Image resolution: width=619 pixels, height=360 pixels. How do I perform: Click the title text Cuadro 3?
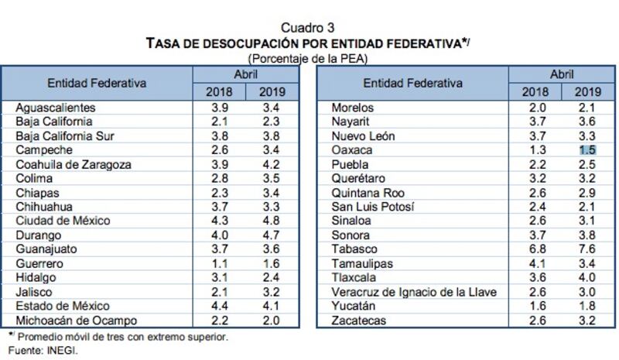pyautogui.click(x=307, y=28)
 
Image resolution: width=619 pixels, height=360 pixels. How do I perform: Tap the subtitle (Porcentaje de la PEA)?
pyautogui.click(x=308, y=59)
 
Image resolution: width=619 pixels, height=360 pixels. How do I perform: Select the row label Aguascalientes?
pyautogui.click(x=56, y=108)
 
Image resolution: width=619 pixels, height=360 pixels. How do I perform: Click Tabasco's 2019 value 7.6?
pyautogui.click(x=587, y=249)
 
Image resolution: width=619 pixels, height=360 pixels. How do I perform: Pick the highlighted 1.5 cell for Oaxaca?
pyautogui.click(x=587, y=150)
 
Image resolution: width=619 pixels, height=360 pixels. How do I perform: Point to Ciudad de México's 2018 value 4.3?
pyautogui.click(x=220, y=221)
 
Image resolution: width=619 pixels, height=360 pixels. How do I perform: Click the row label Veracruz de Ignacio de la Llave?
pyautogui.click(x=414, y=292)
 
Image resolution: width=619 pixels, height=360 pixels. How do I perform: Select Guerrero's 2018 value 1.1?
pyautogui.click(x=220, y=263)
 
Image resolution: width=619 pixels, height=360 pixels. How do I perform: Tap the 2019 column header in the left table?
pyautogui.click(x=272, y=92)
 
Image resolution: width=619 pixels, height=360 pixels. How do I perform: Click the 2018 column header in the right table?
pyautogui.click(x=535, y=92)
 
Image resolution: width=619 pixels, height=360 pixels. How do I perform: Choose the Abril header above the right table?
pyautogui.click(x=562, y=74)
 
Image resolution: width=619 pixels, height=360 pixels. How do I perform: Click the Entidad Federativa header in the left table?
pyautogui.click(x=97, y=83)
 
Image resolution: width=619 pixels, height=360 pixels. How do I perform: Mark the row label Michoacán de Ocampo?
pyautogui.click(x=76, y=321)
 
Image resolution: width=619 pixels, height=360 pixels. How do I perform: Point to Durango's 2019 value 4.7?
pyautogui.click(x=272, y=235)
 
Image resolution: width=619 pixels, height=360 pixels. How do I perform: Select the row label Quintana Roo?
pyautogui.click(x=368, y=193)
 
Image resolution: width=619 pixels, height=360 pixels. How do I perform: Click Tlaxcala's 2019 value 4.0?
pyautogui.click(x=587, y=277)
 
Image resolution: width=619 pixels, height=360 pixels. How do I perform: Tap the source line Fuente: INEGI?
pyautogui.click(x=43, y=351)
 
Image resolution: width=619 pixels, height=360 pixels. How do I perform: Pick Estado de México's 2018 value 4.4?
pyautogui.click(x=220, y=306)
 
